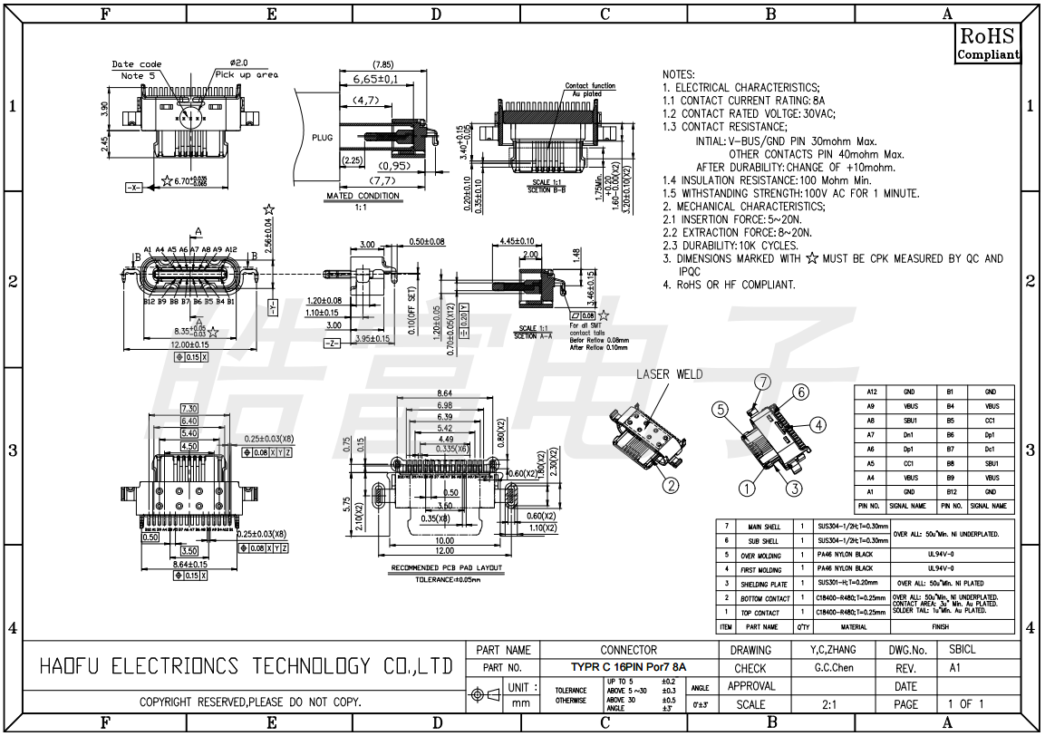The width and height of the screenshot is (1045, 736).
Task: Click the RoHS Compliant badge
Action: (988, 43)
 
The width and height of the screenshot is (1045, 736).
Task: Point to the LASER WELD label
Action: (669, 374)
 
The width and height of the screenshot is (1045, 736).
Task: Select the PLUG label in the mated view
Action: (322, 138)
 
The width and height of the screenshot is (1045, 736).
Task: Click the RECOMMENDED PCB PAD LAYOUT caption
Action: (444, 568)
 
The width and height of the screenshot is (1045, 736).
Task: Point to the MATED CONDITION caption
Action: (362, 196)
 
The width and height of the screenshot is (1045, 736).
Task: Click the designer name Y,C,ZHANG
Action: (832, 650)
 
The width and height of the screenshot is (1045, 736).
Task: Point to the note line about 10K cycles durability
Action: (731, 246)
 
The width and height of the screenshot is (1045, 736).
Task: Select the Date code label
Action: (136, 64)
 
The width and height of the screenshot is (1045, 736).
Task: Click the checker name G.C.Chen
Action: (834, 668)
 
